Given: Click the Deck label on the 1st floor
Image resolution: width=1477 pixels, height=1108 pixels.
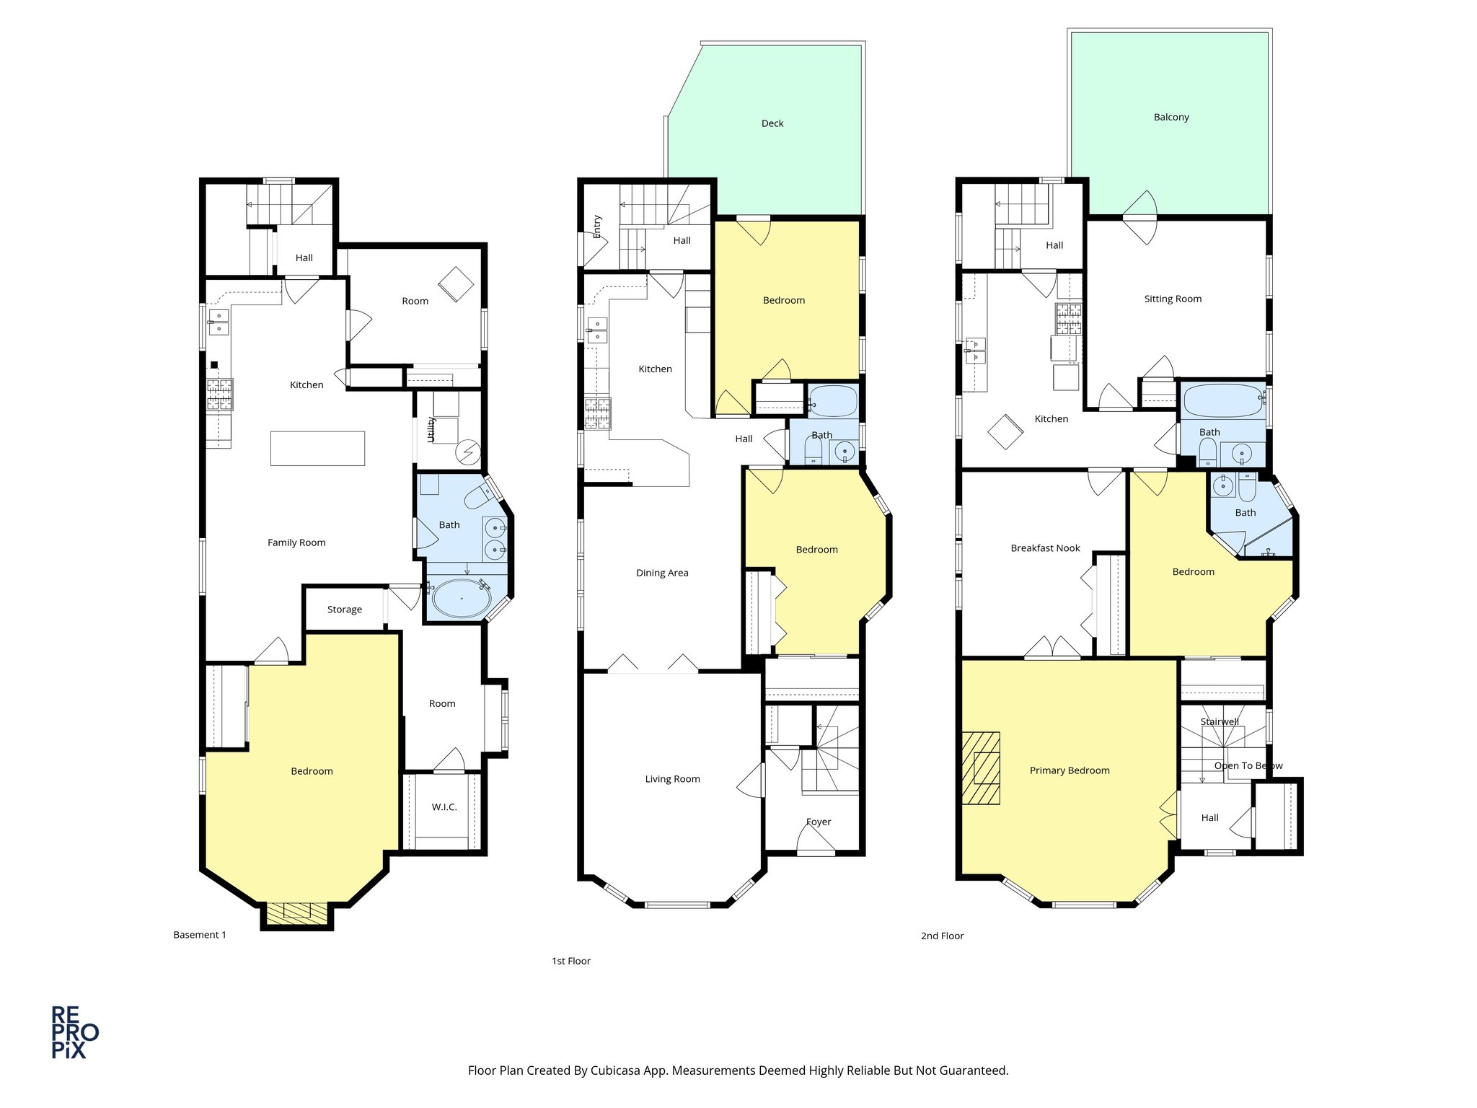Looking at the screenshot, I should (x=772, y=123).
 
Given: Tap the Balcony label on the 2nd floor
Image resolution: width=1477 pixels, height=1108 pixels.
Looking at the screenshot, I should (x=1170, y=117).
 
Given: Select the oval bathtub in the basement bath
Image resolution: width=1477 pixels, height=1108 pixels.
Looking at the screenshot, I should (x=461, y=598).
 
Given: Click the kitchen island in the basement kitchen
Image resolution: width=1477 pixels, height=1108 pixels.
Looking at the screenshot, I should (x=317, y=448).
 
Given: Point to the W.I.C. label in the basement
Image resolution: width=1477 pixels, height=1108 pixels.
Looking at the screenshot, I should (x=444, y=806).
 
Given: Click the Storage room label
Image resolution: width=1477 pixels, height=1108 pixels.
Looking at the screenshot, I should (x=344, y=610).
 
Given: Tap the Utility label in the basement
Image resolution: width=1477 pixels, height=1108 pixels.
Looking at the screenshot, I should (x=431, y=429).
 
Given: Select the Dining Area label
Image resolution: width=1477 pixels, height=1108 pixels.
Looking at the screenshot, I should (x=661, y=573).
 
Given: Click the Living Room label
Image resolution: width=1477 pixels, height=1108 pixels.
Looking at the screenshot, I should (x=672, y=779).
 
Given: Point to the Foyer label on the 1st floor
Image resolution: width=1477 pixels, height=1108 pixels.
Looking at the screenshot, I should (x=819, y=822).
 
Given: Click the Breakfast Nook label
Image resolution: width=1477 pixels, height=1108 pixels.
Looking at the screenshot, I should (x=1045, y=548).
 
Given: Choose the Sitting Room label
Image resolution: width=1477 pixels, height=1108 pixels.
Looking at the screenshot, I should (x=1173, y=299).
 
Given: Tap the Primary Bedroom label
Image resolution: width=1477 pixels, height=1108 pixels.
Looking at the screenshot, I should (x=1069, y=770).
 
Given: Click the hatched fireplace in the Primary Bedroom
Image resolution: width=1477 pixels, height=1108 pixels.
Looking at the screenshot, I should (x=982, y=768).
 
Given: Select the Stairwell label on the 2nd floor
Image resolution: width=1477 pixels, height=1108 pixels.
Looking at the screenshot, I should (x=1219, y=721).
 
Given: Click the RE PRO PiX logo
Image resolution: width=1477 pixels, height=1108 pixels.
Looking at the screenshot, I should (x=74, y=1032).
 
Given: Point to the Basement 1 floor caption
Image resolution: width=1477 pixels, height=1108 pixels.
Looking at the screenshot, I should (x=200, y=935).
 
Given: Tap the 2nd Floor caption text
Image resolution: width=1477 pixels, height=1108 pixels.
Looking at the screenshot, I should (x=942, y=936).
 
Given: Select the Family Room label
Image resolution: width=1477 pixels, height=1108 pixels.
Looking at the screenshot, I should (x=296, y=542).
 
